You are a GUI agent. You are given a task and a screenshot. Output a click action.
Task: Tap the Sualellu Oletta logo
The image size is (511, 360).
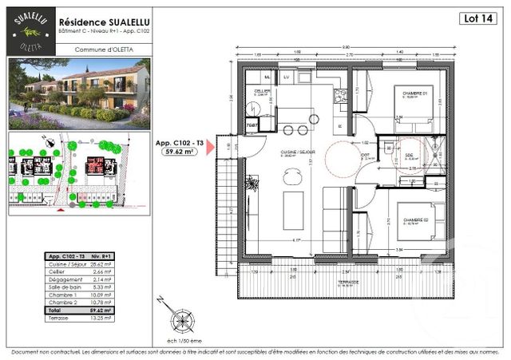pos(30,31)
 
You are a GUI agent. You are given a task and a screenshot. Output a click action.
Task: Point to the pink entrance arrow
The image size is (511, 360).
pos(212,150)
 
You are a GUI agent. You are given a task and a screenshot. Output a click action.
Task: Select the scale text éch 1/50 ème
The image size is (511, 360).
pos(182,339)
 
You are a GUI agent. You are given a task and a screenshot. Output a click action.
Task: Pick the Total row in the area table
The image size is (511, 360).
pos(79,309)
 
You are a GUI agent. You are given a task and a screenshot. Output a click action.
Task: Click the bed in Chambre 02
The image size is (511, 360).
pos(415,224)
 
